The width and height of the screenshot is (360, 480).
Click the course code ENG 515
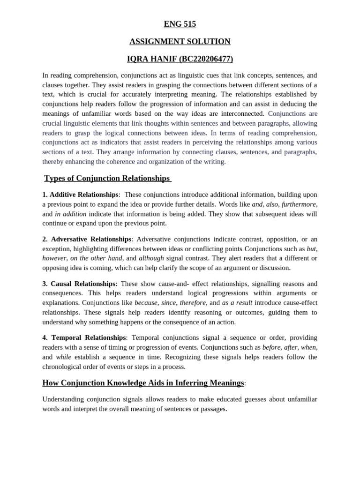[x=180, y=24]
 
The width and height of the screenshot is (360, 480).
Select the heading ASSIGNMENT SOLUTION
[x=180, y=42]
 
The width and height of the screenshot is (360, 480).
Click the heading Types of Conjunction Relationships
[x=107, y=178]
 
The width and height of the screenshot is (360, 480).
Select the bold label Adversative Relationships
[x=91, y=239]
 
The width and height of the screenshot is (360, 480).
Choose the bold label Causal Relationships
[x=83, y=284]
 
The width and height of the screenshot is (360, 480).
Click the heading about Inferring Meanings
[x=143, y=383]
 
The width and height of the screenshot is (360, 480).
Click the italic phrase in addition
[x=70, y=214]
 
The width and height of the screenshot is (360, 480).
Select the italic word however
[x=54, y=258]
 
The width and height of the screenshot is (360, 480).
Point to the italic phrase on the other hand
[x=96, y=258]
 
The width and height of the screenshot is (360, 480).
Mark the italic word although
[x=151, y=258]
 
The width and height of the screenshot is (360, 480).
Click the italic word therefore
[x=193, y=303]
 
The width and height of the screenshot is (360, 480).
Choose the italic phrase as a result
[x=237, y=303]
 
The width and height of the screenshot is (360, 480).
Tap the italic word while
[x=63, y=357]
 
